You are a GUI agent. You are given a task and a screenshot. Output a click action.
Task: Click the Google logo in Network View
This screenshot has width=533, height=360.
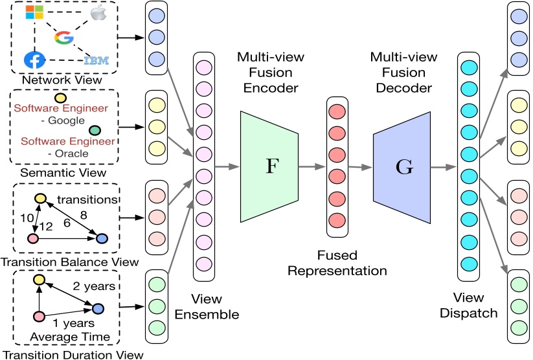(x=63, y=38)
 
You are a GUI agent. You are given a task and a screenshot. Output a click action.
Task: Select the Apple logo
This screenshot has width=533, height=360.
(x=97, y=13)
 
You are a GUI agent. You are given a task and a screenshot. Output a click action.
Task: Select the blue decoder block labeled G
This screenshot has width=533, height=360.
(x=402, y=165)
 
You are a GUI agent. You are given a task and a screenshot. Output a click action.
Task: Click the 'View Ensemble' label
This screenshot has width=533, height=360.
(x=207, y=308)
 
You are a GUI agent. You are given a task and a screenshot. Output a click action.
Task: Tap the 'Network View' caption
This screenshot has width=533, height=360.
(x=52, y=80)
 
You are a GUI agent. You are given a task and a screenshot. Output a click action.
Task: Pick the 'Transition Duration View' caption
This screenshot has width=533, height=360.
(x=71, y=354)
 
